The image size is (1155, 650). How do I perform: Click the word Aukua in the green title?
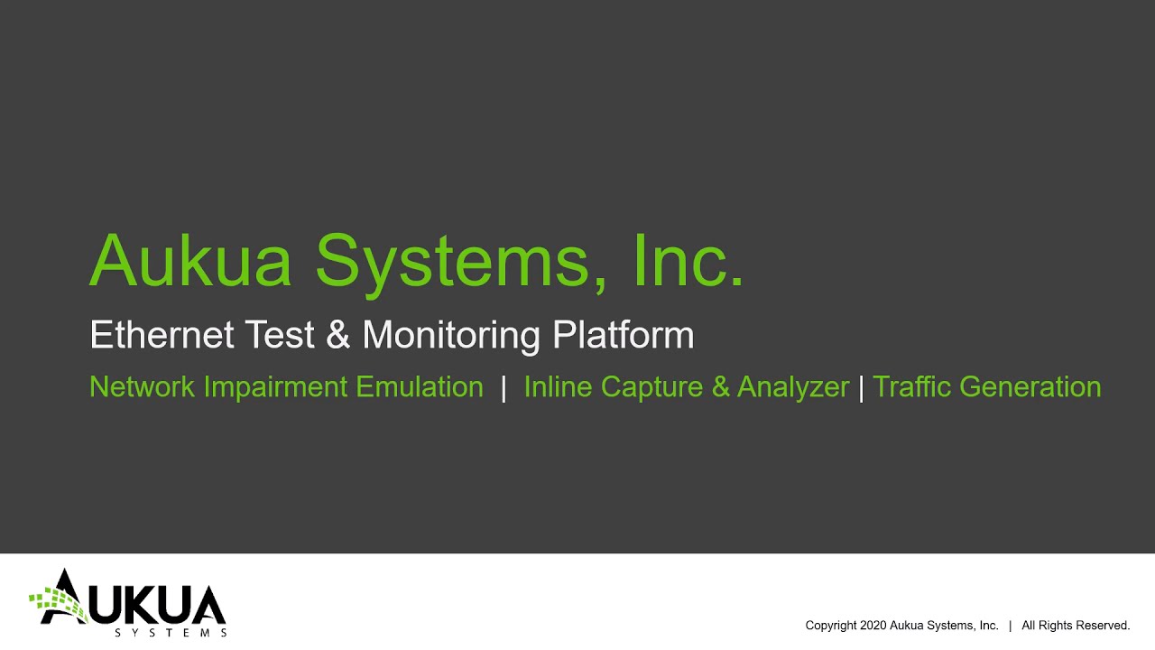pos(190,262)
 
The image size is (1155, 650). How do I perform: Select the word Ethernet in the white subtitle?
pos(163,335)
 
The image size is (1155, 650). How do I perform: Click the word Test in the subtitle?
pos(281,335)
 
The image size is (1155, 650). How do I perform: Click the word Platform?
pos(624,335)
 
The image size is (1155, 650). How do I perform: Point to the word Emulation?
pos(420,387)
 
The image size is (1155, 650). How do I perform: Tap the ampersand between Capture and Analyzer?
pos(720,387)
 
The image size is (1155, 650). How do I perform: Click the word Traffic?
pos(912,387)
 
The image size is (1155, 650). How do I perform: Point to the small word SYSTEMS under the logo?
pos(171,633)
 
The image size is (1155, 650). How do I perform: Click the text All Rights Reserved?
pos(1076,626)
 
